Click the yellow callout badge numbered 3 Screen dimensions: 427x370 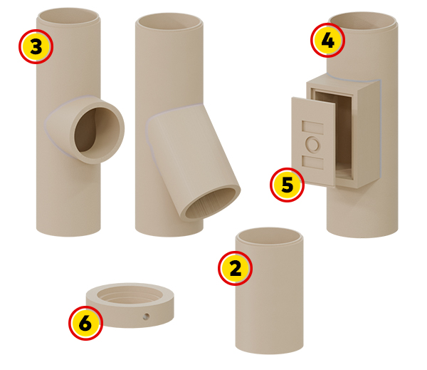(x=36, y=46)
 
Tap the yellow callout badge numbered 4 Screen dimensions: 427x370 (x=327, y=40)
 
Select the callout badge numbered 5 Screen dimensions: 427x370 (x=287, y=185)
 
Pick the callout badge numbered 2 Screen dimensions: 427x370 (x=236, y=268)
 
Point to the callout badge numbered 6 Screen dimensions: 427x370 (x=86, y=323)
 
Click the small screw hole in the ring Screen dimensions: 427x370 (x=146, y=317)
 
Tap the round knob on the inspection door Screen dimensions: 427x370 (x=312, y=144)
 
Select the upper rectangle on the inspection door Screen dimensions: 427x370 (x=312, y=128)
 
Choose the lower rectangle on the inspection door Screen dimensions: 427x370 (x=312, y=163)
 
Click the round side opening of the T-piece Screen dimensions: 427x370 (x=97, y=130)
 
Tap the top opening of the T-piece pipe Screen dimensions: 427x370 (x=68, y=16)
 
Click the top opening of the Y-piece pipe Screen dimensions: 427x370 (x=169, y=21)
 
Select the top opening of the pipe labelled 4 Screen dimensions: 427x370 (x=362, y=21)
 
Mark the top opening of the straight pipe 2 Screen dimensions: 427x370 (x=269, y=236)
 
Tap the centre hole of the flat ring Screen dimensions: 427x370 (x=130, y=295)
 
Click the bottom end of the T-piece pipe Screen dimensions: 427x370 (x=68, y=230)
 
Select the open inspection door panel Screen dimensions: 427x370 (x=313, y=142)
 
